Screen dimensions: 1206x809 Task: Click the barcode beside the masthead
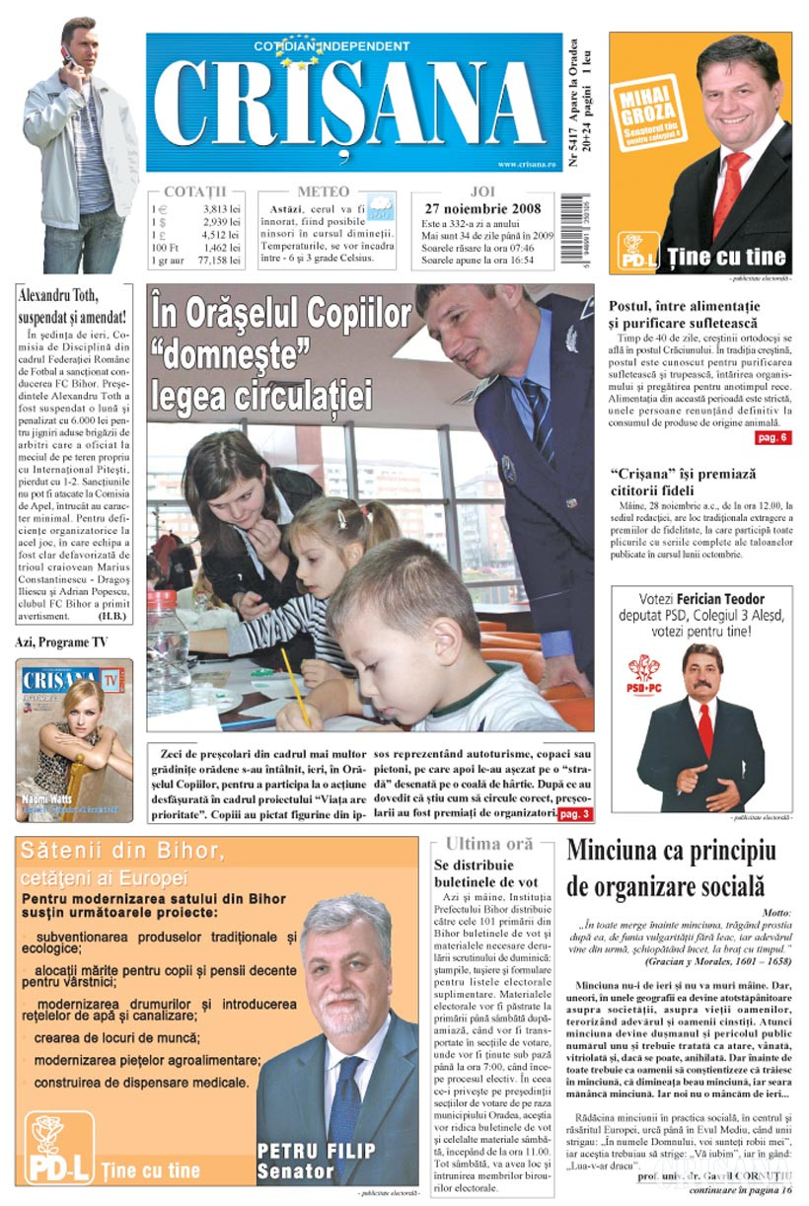click(572, 231)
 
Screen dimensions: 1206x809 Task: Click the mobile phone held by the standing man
click(66, 56)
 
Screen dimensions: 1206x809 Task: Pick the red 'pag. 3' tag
click(575, 813)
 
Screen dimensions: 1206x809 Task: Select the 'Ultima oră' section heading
click(489, 844)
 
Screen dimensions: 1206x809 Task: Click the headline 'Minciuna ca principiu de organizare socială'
click(671, 866)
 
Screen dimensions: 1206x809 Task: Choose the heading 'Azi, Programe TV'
click(61, 641)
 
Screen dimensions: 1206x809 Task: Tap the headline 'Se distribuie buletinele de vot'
click(486, 872)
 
